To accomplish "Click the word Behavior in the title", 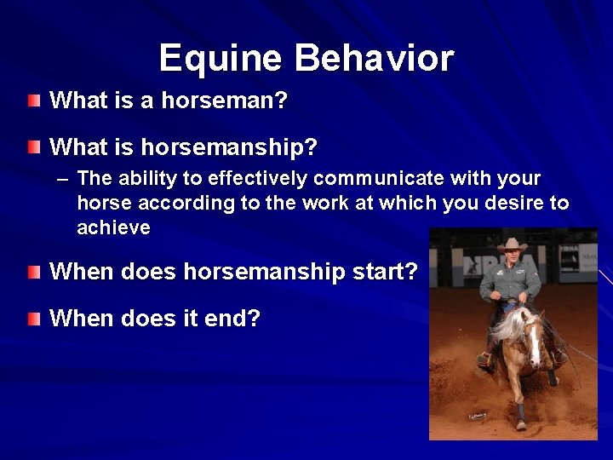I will [375, 59].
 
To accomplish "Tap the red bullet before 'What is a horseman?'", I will [32, 101].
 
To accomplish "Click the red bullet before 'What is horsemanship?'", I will [32, 147].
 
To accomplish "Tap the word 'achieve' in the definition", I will [113, 228].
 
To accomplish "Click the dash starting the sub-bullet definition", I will [62, 180].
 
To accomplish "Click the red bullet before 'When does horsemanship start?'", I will [32, 273].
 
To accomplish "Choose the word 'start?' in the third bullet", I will [387, 273].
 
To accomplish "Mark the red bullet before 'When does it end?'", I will [32, 319].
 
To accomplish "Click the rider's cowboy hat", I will [513, 245].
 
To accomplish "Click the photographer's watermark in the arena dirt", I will [477, 416].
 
